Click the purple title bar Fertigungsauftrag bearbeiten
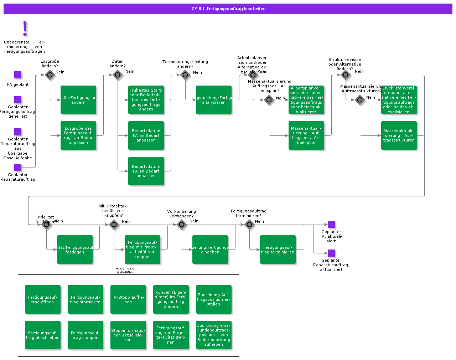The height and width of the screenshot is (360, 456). (228, 9)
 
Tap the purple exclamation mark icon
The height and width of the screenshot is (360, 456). (25, 28)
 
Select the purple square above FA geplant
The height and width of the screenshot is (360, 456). (18, 75)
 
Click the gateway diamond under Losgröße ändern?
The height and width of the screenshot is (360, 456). (50, 75)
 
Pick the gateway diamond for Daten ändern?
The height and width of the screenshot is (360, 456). (118, 75)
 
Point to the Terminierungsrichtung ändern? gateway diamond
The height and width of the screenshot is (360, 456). (185, 75)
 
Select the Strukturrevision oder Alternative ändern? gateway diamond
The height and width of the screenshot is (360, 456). (345, 75)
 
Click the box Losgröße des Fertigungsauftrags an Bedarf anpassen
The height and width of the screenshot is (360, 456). (78, 135)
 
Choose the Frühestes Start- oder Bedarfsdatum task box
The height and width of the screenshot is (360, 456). (146, 100)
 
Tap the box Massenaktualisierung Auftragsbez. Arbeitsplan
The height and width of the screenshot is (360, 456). (306, 135)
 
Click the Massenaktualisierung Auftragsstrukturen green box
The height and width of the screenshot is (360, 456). (399, 135)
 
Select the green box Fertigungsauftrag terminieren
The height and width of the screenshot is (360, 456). (278, 250)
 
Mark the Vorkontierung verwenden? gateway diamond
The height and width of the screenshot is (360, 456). (182, 225)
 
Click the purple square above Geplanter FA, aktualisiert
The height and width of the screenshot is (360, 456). (331, 225)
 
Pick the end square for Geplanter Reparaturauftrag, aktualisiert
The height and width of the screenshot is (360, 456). (331, 253)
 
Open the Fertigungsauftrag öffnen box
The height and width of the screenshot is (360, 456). (43, 299)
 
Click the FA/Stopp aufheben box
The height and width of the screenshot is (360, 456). (128, 299)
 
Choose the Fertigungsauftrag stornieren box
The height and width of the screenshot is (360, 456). (85, 299)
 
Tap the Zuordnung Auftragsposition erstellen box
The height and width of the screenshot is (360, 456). (214, 299)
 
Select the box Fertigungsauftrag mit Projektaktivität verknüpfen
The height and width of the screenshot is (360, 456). (142, 250)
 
